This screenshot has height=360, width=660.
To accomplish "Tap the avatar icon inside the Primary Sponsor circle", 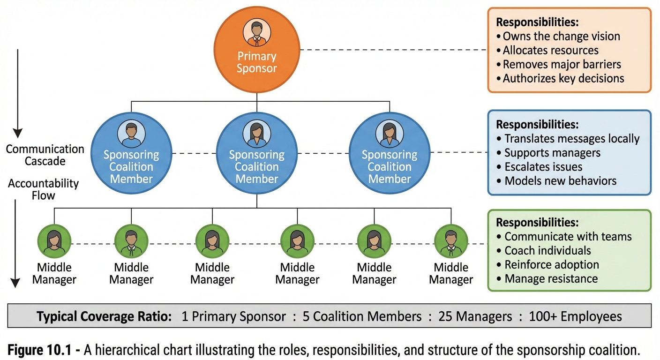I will click(256, 33).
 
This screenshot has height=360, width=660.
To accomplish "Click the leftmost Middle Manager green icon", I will click(54, 241).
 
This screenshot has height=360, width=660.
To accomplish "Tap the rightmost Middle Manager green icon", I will click(451, 241).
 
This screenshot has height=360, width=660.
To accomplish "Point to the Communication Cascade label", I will click(45, 155).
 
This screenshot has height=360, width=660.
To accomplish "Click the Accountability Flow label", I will click(43, 189).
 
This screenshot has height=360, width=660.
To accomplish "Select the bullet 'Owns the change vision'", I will click(561, 37).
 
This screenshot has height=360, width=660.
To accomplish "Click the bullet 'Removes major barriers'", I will click(562, 64).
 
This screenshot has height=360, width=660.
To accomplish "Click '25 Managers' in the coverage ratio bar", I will click(475, 317).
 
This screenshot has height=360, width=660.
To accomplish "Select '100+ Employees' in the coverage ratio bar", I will click(575, 317).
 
